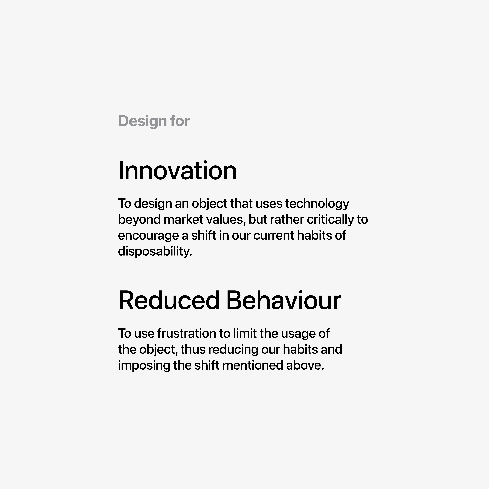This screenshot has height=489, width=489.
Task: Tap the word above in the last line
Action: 305,365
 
